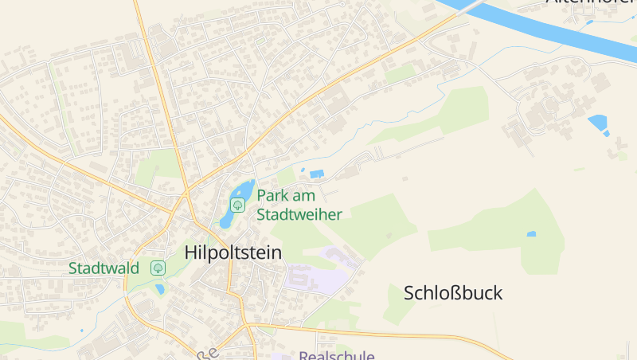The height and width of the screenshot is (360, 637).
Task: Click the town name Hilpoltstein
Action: pyautogui.click(x=233, y=252)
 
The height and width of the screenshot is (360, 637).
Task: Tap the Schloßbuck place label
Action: pyautogui.click(x=453, y=292)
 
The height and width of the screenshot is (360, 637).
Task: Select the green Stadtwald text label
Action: pyautogui.click(x=104, y=268)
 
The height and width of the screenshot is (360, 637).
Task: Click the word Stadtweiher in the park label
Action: pyautogui.click(x=299, y=214)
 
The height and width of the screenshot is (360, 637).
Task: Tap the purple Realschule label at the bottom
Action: pyautogui.click(x=336, y=355)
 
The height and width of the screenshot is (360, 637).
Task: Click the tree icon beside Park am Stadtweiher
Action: pyautogui.click(x=237, y=205)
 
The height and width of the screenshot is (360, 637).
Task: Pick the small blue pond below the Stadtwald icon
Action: pyautogui.click(x=160, y=289)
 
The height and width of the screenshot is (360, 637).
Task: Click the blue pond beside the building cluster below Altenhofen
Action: pyautogui.click(x=597, y=123)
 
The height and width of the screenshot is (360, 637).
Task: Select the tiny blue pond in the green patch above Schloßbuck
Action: pyautogui.click(x=531, y=234)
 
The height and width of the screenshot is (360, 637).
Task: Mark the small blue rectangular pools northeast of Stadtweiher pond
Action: pyautogui.click(x=316, y=174)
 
